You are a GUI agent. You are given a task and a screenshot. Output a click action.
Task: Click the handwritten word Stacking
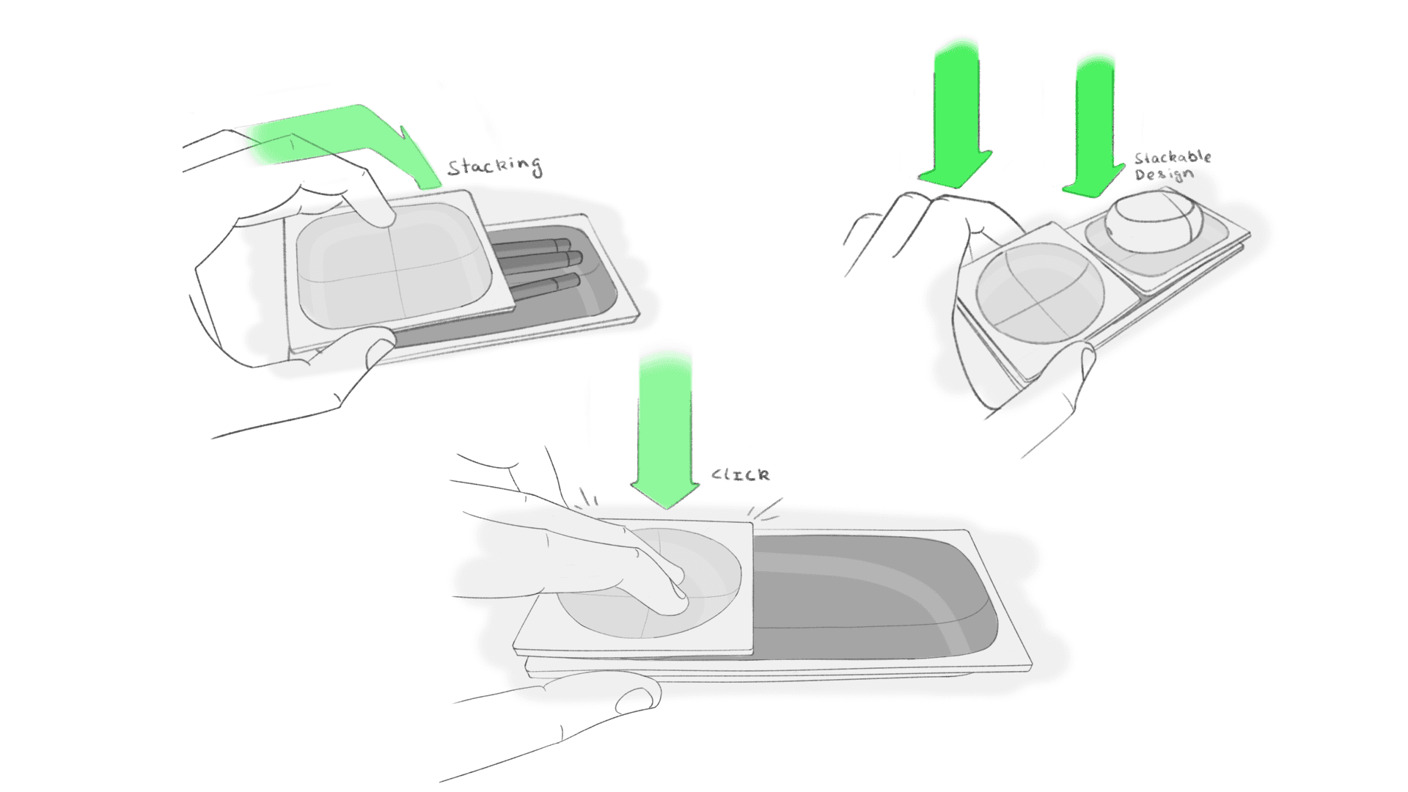point(495,166)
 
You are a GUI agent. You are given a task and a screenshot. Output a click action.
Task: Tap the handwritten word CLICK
point(741,475)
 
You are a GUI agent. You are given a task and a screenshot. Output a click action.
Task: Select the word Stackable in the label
point(1173,158)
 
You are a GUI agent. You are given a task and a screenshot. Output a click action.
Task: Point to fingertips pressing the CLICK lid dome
point(671,587)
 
